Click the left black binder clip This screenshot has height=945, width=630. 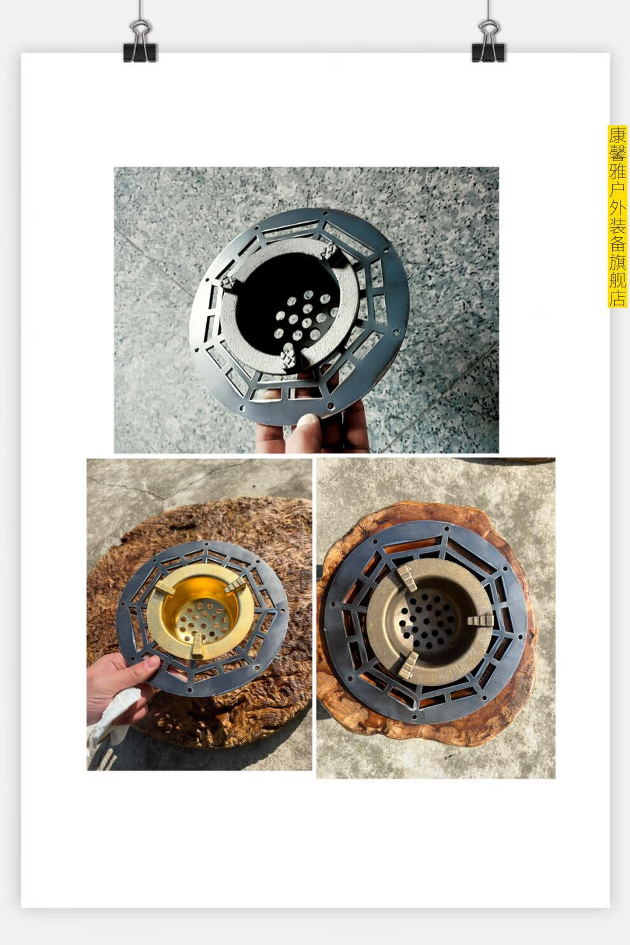tap(140, 42)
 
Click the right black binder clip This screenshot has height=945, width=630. tap(488, 42)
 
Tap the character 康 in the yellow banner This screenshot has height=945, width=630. tap(617, 135)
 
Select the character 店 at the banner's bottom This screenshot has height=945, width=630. tap(617, 298)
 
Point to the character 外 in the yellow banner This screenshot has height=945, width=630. tap(617, 210)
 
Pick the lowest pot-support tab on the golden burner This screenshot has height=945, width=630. tap(197, 646)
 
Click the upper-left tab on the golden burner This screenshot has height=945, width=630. tap(165, 588)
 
